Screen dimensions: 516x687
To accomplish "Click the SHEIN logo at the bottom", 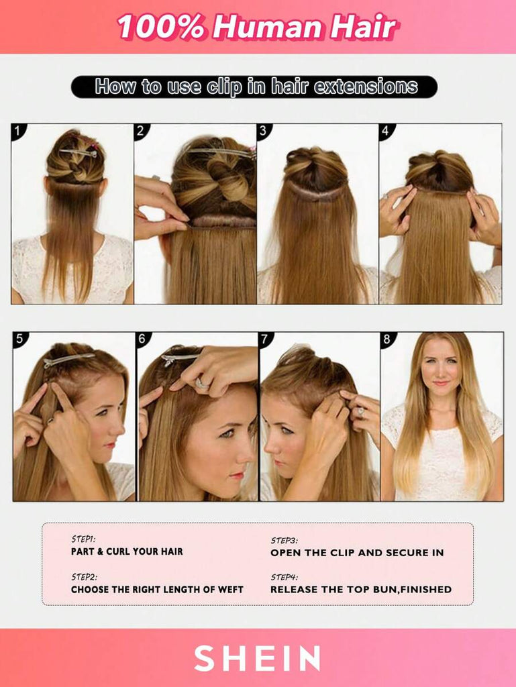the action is coord(257,658).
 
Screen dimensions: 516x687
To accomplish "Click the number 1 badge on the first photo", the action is coord(17,130).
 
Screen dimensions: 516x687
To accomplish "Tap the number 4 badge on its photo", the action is coord(385,130).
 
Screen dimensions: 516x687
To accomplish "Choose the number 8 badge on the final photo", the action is coord(386,339).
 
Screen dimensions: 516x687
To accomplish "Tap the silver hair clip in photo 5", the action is coord(68,360).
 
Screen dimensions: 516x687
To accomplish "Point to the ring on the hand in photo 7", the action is coord(361,412).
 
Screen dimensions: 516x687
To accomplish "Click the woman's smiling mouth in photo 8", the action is coord(440,383).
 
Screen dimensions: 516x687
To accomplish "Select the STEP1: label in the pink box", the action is coord(83,539).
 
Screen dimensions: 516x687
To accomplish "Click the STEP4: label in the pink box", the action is coord(285,577).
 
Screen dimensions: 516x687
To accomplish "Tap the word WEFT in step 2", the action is coord(229,590).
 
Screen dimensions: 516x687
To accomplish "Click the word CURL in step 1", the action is coord(118,551).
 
